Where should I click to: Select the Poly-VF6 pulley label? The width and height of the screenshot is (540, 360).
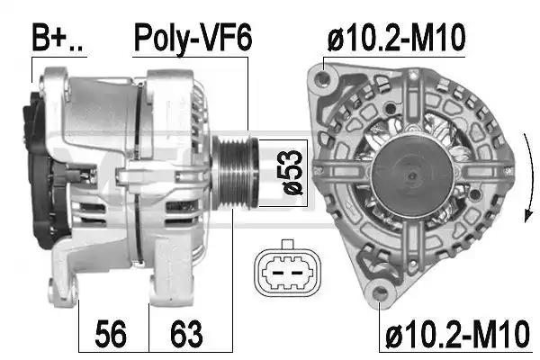coord(193,38)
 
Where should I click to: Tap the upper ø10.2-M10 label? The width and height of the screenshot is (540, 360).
coord(396,38)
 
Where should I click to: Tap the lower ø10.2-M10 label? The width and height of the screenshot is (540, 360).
coord(456,334)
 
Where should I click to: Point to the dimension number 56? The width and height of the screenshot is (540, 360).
coord(111,334)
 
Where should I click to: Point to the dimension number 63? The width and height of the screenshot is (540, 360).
coord(186,334)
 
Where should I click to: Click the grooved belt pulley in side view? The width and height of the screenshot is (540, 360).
coord(235,172)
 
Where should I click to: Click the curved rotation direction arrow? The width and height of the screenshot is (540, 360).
coord(530,178)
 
